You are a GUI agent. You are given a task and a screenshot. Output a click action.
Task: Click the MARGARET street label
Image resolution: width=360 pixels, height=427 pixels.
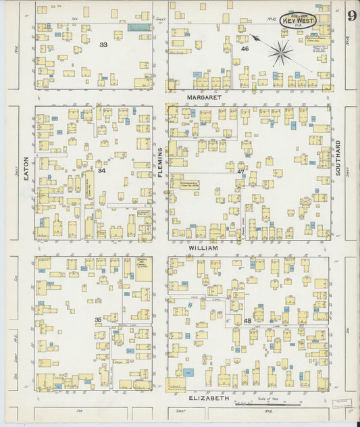tap(204, 97)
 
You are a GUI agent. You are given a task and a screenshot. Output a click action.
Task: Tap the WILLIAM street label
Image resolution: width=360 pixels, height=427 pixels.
tap(203, 248)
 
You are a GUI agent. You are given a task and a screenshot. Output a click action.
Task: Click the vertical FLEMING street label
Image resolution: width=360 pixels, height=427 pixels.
tap(161, 163)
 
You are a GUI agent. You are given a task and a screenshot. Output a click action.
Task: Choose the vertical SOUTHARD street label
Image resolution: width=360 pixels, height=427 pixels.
tap(338, 158)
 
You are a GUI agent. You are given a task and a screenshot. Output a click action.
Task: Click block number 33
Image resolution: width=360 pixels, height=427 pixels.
tap(103, 45)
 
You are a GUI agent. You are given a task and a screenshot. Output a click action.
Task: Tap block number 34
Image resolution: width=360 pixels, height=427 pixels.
tap(101, 170)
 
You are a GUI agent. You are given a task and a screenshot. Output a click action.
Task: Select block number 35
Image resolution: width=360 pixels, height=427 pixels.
tap(98, 320)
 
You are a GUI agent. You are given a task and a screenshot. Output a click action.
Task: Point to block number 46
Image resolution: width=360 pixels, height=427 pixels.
tap(245, 49)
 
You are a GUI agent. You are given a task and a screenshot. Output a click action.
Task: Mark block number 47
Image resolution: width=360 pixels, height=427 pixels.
tap(240, 172)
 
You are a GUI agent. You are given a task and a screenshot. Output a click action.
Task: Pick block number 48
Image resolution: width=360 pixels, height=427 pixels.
tap(248, 320)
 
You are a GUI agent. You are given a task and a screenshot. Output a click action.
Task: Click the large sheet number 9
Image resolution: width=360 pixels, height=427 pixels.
tap(351, 16)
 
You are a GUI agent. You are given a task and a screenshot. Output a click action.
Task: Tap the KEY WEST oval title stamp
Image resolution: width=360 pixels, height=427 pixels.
tap(298, 20)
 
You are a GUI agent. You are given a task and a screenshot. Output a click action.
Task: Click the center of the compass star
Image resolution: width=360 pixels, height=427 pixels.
tap(280, 51)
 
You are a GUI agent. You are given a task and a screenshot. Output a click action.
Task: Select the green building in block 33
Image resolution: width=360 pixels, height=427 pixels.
tap(138, 28)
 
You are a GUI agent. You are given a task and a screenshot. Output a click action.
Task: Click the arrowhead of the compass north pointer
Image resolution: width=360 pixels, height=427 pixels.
tap(251, 35)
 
